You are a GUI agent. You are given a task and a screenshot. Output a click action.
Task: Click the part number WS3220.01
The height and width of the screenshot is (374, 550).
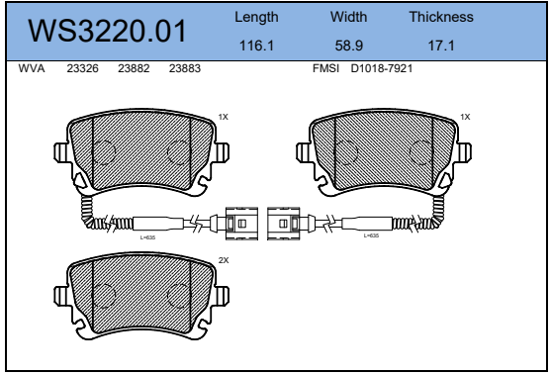(107, 32)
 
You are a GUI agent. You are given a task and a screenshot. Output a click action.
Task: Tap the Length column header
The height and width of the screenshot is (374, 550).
(256, 17)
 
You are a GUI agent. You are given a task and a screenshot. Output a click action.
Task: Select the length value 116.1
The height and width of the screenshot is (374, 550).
(256, 46)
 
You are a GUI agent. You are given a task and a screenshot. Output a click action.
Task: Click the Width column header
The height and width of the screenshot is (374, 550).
(348, 17)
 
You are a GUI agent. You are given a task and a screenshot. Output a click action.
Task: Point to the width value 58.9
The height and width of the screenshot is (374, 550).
(348, 46)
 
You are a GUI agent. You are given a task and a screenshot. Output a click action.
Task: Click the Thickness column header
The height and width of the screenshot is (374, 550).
(441, 17)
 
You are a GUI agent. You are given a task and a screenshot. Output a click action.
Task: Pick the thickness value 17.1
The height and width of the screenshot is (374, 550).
(441, 46)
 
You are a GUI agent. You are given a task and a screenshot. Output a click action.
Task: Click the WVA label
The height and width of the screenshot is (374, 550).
(32, 68)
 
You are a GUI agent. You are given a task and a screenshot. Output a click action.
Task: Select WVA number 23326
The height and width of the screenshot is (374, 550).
(82, 68)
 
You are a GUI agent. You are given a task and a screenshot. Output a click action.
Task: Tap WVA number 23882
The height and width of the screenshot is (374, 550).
(134, 68)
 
